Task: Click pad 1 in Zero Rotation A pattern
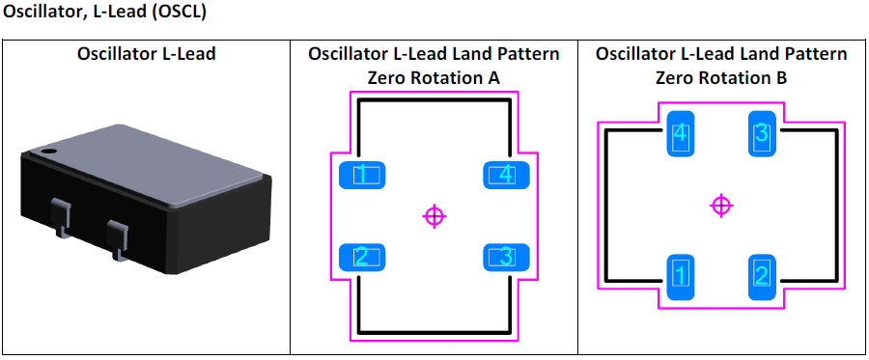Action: click(x=361, y=175)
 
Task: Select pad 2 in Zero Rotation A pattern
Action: click(x=361, y=258)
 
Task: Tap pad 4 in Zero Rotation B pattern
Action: click(x=680, y=134)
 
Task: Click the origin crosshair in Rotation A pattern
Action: click(x=434, y=216)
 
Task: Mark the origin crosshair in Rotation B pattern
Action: click(x=720, y=205)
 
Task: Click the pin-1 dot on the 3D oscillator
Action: click(x=47, y=151)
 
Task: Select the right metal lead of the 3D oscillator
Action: click(x=118, y=235)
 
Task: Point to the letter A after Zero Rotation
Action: click(x=493, y=77)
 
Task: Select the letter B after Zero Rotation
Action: click(x=781, y=77)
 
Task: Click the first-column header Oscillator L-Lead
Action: click(x=146, y=54)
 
